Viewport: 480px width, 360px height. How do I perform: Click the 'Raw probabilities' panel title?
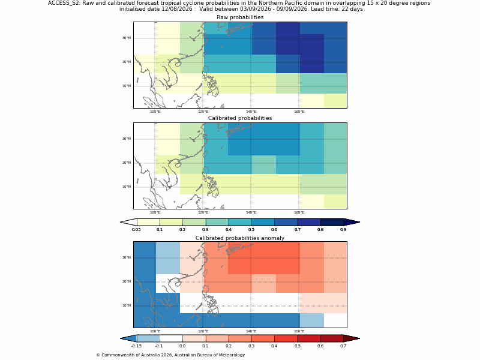coord(240,17)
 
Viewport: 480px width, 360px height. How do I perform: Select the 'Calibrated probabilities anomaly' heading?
coord(240,238)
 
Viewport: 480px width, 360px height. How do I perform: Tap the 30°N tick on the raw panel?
coord(127,38)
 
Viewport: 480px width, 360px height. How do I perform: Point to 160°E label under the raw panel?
coord(299,112)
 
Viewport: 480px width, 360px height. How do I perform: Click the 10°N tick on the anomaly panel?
coord(127,305)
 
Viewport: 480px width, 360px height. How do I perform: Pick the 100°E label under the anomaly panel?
coord(155,331)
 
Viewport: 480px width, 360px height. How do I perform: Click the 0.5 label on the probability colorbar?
coord(251,230)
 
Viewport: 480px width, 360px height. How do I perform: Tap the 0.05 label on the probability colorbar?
coord(136,230)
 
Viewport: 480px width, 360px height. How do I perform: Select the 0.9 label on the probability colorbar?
coord(343,230)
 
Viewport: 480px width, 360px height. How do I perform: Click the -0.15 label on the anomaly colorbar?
coord(136,346)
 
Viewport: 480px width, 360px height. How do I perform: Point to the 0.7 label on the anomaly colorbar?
coord(343,346)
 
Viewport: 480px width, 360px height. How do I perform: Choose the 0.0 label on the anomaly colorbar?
coord(182,346)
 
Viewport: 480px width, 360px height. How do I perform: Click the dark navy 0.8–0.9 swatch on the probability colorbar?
coord(332,222)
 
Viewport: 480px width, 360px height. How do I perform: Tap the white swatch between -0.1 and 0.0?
coord(171,338)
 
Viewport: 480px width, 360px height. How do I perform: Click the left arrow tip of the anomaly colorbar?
coord(121,338)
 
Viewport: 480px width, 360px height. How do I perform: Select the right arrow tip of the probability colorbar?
coord(360,222)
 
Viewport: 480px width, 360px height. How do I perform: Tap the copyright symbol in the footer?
coord(98,355)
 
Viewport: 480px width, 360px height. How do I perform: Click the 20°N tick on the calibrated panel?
coord(127,163)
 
